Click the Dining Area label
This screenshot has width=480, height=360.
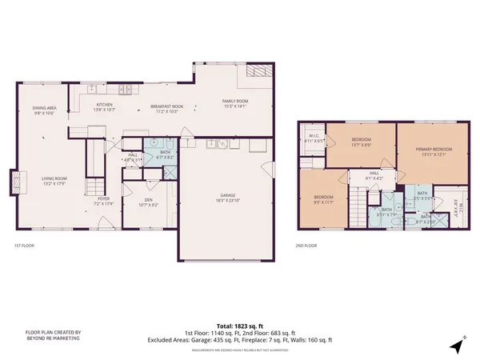[x=43, y=110]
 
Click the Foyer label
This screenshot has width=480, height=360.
[x=104, y=200]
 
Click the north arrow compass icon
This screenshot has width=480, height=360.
[x=457, y=347]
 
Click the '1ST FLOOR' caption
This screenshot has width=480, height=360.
[x=24, y=246]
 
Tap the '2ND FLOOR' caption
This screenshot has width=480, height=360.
[x=306, y=246]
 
